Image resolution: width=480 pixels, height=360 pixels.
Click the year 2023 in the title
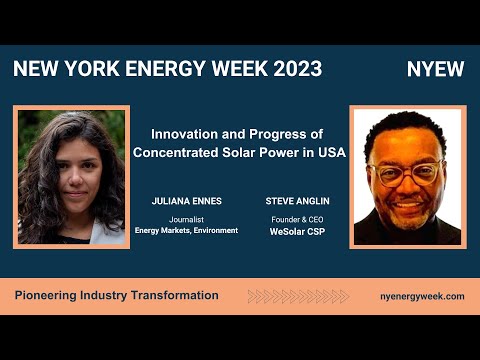click(x=298, y=69)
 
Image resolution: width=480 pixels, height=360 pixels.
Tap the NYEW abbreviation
click(x=435, y=69)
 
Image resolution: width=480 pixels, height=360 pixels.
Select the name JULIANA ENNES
click(x=187, y=201)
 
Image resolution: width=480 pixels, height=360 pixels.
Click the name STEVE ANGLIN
click(x=297, y=201)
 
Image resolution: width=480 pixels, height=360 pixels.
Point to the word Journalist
click(x=186, y=220)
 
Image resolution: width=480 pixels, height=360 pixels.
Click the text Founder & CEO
click(x=297, y=220)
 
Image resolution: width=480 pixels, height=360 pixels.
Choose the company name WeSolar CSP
click(x=297, y=232)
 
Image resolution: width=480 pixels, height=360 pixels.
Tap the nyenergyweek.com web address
click(x=422, y=296)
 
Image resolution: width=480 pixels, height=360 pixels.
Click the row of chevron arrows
click(x=298, y=296)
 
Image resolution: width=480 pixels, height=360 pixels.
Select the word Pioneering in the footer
click(x=46, y=296)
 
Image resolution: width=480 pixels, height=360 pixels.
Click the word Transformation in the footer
click(x=175, y=295)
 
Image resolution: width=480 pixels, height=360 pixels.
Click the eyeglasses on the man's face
click(x=406, y=173)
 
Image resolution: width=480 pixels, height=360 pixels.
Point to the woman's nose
click(x=76, y=178)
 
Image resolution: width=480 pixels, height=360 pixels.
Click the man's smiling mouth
click(x=409, y=204)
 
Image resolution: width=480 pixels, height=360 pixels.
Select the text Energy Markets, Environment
click(x=186, y=231)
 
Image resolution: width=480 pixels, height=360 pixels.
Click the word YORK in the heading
click(x=92, y=69)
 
